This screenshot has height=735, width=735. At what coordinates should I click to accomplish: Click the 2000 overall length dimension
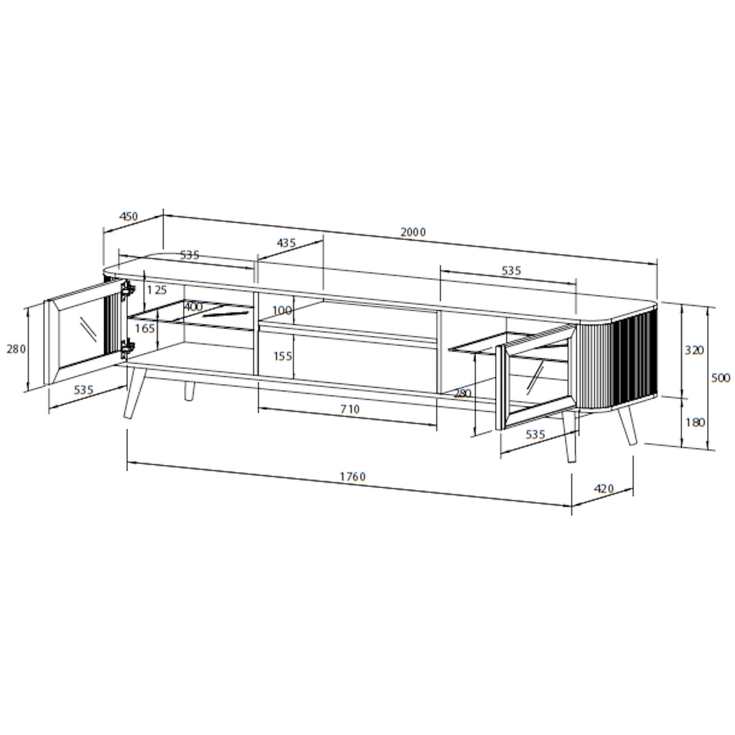[413, 232]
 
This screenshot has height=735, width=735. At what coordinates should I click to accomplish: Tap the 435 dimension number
[286, 243]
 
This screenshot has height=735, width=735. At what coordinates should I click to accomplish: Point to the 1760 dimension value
[353, 477]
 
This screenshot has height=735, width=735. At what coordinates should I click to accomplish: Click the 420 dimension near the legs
[604, 489]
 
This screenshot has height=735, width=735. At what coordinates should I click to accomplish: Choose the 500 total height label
[720, 378]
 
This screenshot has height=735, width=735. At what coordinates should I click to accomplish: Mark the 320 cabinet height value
[694, 350]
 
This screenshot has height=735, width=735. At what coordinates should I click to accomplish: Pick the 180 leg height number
[695, 422]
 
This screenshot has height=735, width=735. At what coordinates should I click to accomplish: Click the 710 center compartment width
[350, 409]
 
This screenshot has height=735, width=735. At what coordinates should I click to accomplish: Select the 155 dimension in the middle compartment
[283, 355]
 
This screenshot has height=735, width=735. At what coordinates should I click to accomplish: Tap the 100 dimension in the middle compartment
[283, 311]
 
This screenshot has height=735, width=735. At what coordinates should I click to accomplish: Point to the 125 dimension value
[156, 290]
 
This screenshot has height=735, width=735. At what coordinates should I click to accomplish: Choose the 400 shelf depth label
[193, 307]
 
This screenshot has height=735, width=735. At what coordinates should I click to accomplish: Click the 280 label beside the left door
[16, 349]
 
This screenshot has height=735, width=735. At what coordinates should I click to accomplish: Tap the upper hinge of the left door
[128, 290]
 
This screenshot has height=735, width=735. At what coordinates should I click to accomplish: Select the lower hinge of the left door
[127, 350]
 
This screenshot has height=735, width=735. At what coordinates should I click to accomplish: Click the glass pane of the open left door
[81, 334]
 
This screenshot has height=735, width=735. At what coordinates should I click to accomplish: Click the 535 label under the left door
[83, 390]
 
